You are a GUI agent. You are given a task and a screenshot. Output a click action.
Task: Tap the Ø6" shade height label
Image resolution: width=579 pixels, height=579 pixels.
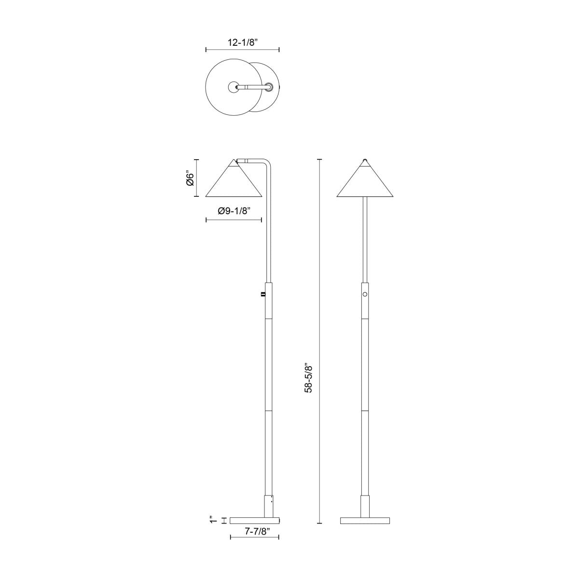(x=190, y=178)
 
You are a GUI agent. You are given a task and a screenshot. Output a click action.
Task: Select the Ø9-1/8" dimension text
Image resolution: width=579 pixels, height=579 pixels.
(x=234, y=211)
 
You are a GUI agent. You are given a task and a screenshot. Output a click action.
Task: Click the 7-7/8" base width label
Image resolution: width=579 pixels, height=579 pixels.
(x=254, y=531)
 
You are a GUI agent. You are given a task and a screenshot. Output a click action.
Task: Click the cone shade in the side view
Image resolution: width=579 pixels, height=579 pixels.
(x=234, y=183)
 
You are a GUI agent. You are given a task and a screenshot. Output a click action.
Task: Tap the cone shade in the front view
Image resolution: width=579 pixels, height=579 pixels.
(x=365, y=183)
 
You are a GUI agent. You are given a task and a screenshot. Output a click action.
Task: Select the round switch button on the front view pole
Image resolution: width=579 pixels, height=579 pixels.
(x=365, y=294)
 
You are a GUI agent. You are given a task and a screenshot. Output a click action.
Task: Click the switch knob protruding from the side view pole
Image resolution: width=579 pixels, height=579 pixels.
(x=262, y=293)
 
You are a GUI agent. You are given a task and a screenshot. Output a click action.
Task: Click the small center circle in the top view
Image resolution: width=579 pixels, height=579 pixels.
(x=233, y=87)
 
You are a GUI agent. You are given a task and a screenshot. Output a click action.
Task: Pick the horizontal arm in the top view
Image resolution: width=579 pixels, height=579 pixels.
(x=253, y=87)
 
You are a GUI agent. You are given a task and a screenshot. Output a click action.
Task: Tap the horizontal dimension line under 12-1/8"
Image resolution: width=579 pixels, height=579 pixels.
(x=243, y=49)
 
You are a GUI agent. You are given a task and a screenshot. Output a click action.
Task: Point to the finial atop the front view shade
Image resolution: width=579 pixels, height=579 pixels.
(x=365, y=160)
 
